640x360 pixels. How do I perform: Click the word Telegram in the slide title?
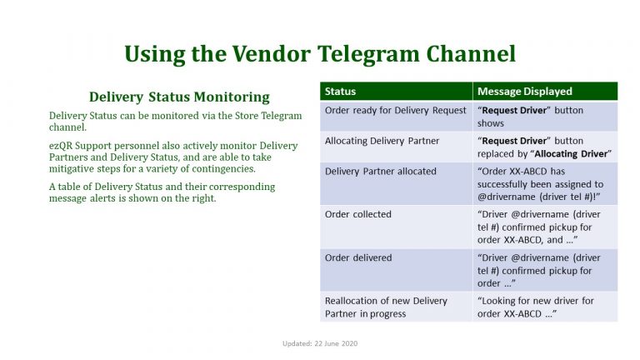coord(368,54)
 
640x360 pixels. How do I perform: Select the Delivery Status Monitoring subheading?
coord(179,97)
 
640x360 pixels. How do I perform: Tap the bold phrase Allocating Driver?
coord(571,154)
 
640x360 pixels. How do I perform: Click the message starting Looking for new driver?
coord(536,307)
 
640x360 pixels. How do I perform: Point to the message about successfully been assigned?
coord(540,184)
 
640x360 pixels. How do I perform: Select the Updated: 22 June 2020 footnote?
coord(320,343)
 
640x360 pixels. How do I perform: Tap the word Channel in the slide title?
coord(471,53)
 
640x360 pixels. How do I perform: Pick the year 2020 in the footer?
coord(349,343)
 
